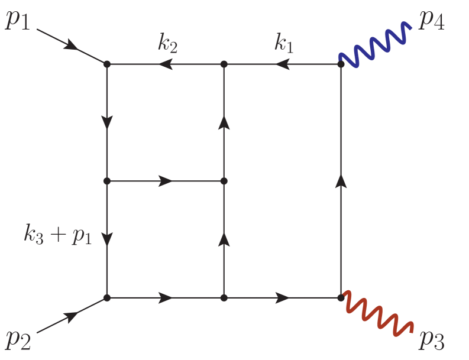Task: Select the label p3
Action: tap(432, 339)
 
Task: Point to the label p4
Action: tap(432, 20)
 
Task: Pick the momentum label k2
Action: tap(169, 45)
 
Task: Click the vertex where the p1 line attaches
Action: tap(107, 64)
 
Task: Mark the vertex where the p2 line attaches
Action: tap(107, 297)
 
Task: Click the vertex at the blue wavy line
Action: tap(341, 64)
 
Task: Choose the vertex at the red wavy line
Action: tap(341, 297)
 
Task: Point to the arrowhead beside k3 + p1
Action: tap(107, 239)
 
